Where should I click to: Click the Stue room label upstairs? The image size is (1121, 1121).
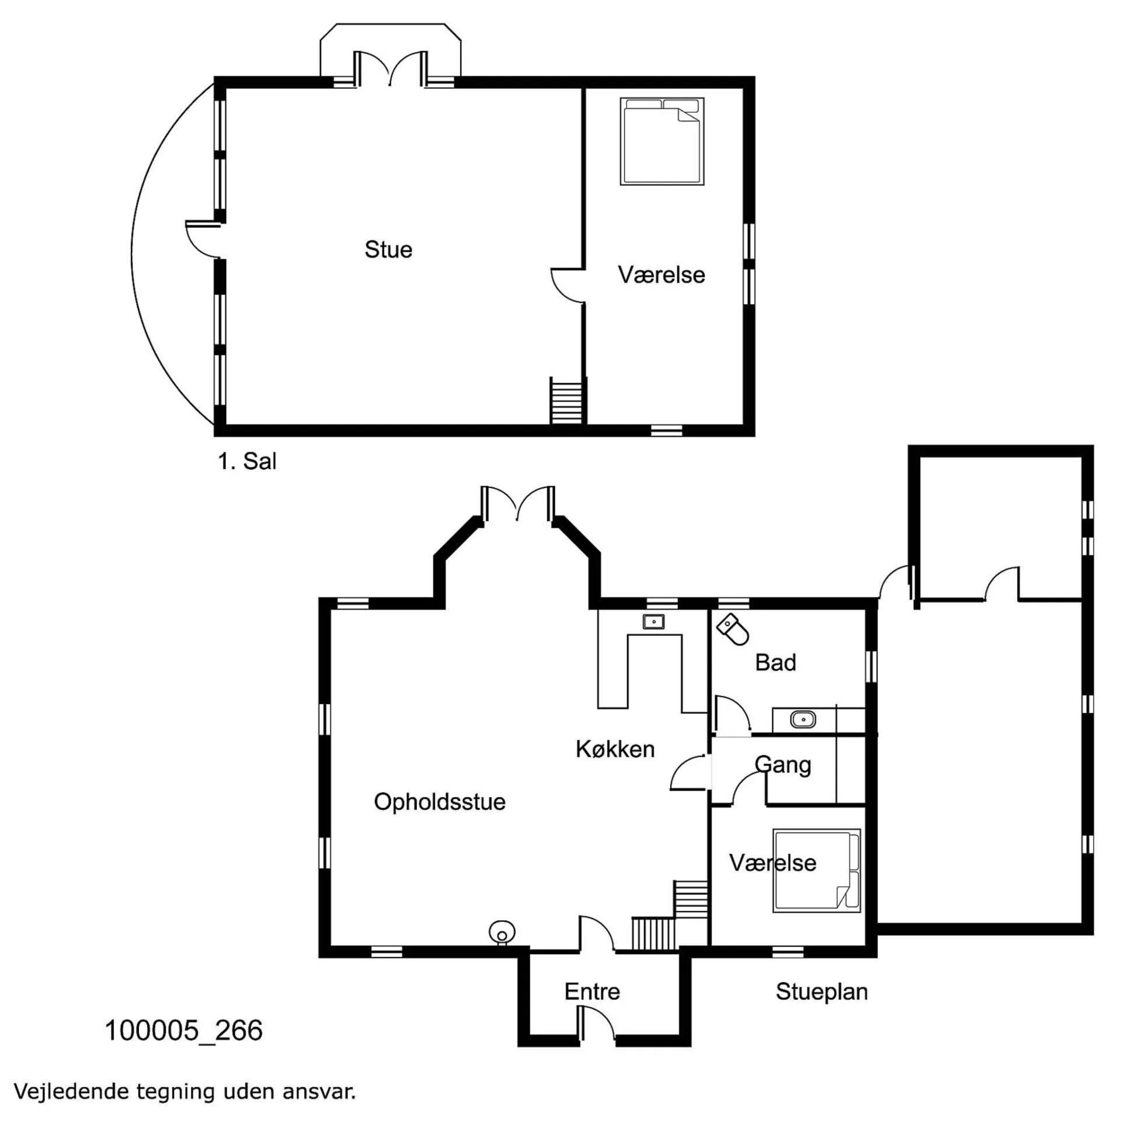coord(388,249)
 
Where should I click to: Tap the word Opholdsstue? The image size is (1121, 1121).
coord(440,802)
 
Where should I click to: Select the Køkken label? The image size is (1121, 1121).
coord(615,749)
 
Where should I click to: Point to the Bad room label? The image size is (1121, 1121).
coord(775,663)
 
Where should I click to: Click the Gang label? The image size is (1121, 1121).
coord(783,765)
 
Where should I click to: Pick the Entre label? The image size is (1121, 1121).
coord(592,991)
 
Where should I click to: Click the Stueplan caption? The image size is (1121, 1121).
coord(821,992)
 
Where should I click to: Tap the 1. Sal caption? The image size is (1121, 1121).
coord(247,461)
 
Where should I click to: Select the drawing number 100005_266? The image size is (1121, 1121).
coord(184,1031)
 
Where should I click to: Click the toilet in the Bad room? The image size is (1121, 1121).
coord(733,629)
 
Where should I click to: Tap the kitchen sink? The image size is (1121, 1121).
coord(654,622)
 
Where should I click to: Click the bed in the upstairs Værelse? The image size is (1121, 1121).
coord(662,141)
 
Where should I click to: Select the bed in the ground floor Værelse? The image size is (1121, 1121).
coord(816,871)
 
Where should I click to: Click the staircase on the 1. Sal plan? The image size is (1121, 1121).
coord(566,401)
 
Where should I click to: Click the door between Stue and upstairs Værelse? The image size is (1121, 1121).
coord(568,286)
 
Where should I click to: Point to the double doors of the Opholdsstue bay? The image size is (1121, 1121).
coord(518,503)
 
